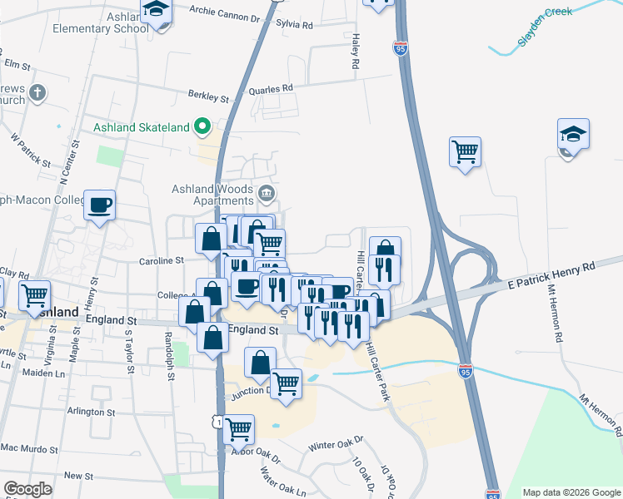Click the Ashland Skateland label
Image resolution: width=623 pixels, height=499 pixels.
point(141,127)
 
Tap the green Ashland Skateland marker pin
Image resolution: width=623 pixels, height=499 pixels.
point(202,127)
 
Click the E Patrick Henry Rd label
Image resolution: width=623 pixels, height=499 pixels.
point(552,275)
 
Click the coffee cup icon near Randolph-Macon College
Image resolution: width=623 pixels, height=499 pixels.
point(99,205)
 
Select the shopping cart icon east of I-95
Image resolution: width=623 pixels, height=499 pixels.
point(465,152)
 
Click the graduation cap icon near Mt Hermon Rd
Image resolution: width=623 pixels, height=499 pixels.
point(573,134)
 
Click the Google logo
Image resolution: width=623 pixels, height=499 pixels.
point(27,489)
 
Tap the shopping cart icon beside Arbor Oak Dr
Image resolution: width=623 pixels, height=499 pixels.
point(239,429)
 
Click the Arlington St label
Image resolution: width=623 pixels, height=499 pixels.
point(91,412)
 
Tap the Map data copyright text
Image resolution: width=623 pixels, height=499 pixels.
point(571,492)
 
